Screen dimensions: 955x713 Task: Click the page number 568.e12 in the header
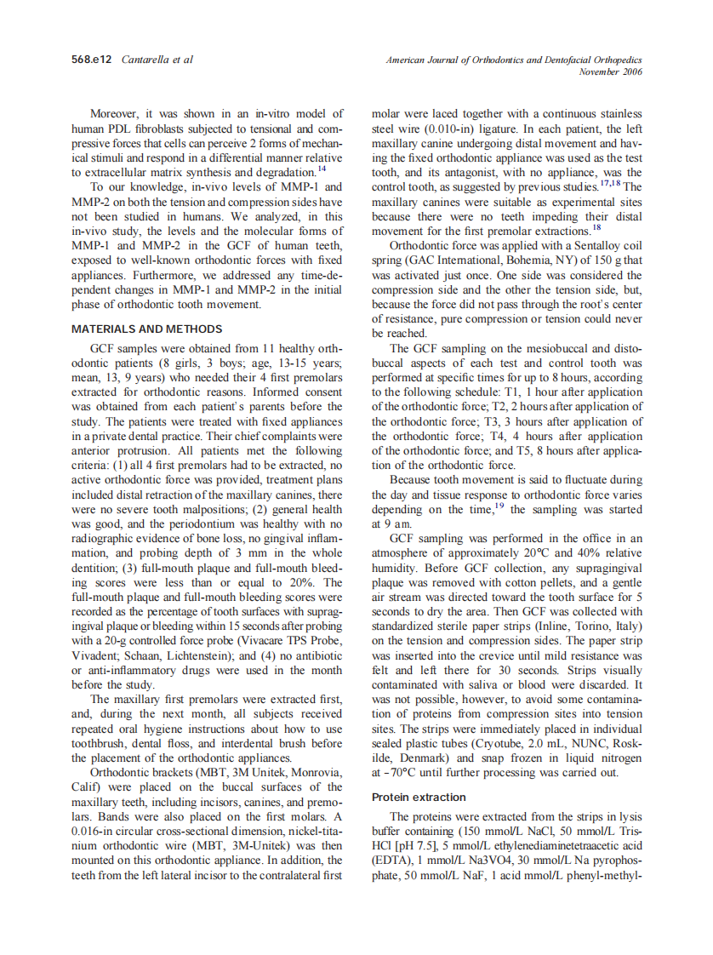coord(94,60)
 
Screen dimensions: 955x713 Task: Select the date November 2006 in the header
coord(610,72)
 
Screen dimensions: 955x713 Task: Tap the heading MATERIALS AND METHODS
coord(147,329)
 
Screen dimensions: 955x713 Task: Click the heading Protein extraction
coord(419,797)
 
